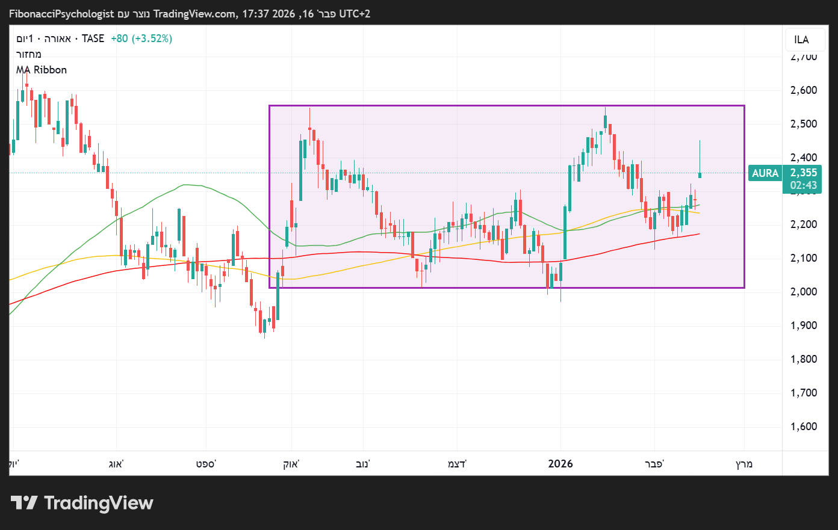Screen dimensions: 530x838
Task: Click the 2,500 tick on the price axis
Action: (803, 124)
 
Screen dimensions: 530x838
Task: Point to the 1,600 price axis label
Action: (803, 427)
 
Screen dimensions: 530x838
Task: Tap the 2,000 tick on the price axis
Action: (803, 292)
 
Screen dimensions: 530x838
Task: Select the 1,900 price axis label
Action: (803, 325)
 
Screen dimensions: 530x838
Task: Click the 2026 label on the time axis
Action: (560, 464)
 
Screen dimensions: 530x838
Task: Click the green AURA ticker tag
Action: (765, 173)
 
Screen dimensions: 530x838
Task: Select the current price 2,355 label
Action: (804, 173)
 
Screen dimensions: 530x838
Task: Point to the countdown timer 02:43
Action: (804, 185)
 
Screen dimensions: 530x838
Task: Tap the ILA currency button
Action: (801, 40)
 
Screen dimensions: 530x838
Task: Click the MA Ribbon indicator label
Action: (42, 70)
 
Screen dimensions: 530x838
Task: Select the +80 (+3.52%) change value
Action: (141, 39)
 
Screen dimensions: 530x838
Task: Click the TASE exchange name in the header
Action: (93, 39)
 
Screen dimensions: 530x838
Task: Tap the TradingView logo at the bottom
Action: (82, 503)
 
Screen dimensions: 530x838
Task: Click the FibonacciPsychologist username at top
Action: (61, 13)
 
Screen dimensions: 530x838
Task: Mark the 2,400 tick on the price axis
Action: (803, 158)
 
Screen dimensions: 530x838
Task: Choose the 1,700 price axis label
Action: (803, 393)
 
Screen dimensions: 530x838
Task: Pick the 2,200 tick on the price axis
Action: (803, 224)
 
